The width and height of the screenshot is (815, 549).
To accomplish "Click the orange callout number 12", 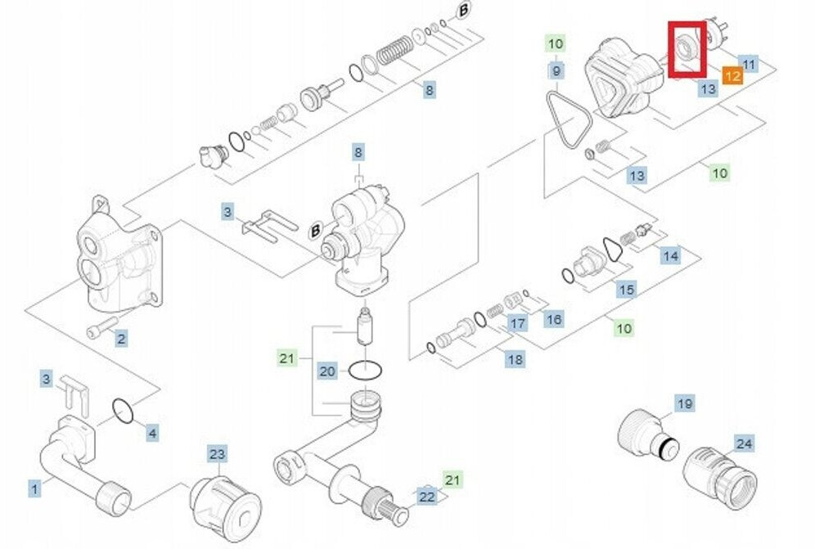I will pos(732,76).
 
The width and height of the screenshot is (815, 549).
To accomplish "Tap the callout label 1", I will pos(34,488).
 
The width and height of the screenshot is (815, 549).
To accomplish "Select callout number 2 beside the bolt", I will pos(120,338).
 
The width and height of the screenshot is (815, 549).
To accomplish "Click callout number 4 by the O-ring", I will pos(152,433).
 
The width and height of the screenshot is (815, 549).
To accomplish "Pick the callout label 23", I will pos(217,454).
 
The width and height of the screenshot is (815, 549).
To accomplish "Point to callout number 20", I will pos(327,371).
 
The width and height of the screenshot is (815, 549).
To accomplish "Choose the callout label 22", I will pos(427,496).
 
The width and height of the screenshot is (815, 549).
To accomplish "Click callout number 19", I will pos(685,403).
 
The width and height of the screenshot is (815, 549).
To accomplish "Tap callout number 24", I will pos(744,444).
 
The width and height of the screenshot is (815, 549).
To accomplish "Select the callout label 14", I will pos(671,256).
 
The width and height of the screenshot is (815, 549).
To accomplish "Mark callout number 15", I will pos(626,289).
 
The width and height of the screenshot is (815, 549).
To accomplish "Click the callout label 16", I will pos(554,318).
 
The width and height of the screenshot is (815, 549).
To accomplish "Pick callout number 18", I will pos(515,358).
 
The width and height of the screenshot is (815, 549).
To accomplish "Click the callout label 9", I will pos(556,70).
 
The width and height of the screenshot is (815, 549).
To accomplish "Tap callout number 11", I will pos(750,63).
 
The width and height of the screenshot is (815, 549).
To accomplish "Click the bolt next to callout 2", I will pos(97,330).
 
